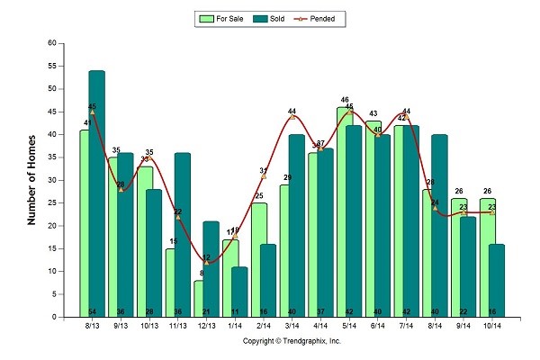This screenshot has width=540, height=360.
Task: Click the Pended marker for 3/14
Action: click(x=292, y=116)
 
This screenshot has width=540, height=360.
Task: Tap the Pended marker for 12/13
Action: click(x=207, y=262)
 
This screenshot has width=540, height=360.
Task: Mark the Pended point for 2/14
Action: click(x=264, y=175)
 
